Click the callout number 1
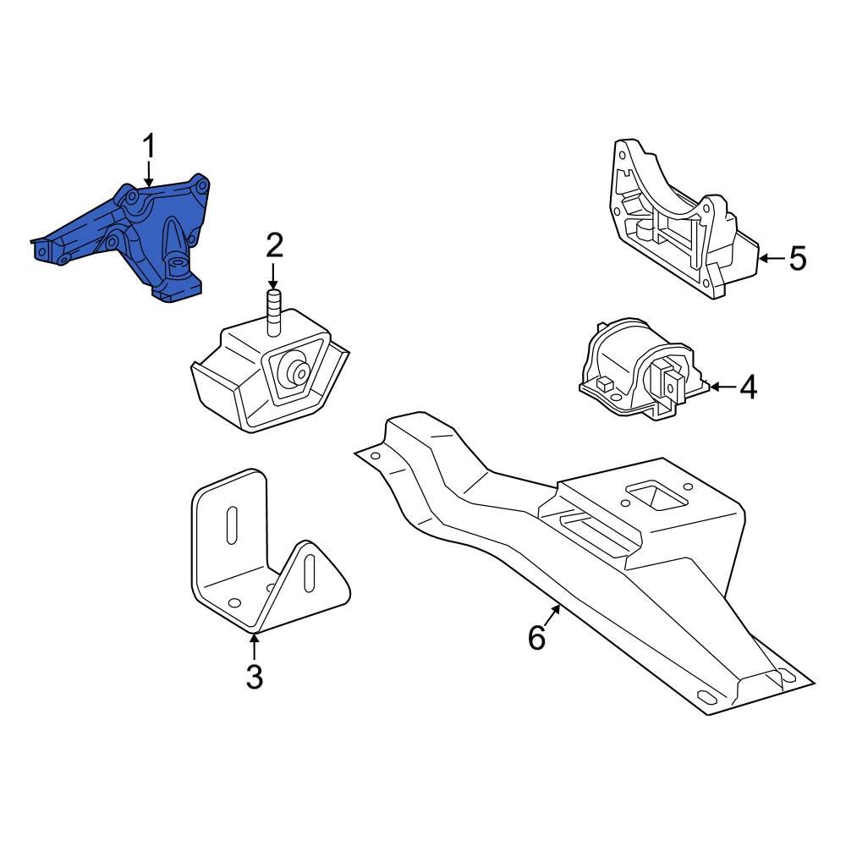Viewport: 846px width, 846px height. click(x=149, y=147)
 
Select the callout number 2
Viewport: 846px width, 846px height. click(x=274, y=246)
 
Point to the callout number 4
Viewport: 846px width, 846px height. click(x=748, y=387)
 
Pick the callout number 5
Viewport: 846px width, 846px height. click(x=798, y=258)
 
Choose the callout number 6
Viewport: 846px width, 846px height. click(x=537, y=637)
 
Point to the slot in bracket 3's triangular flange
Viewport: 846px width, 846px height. click(x=310, y=577)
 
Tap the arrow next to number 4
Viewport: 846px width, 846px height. click(x=719, y=387)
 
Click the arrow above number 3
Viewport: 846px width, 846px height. click(x=255, y=646)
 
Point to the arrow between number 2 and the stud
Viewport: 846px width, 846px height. click(x=274, y=276)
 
